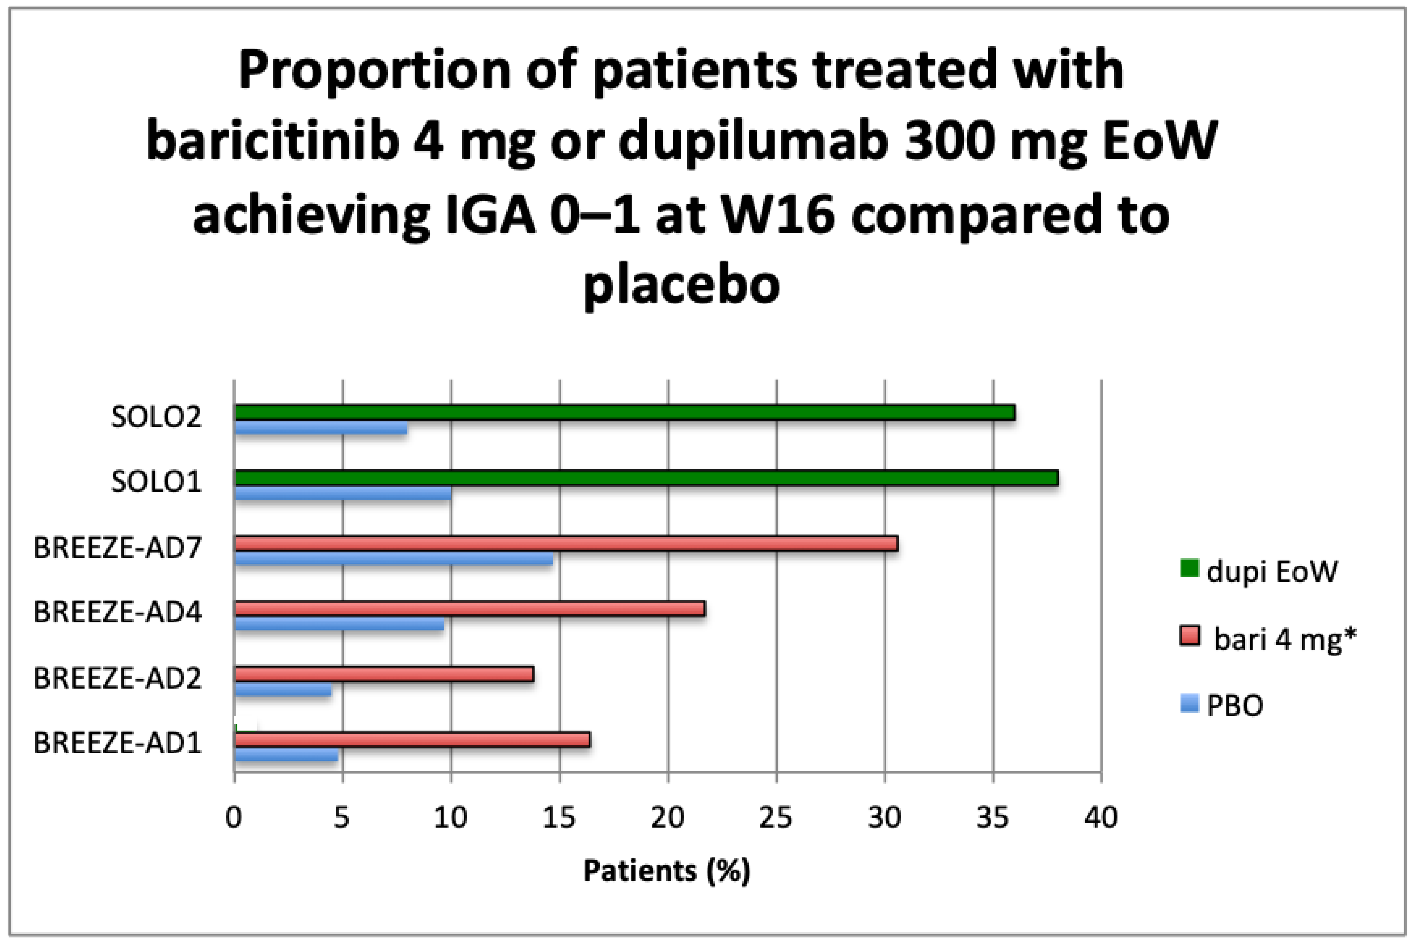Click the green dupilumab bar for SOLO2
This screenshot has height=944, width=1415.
(x=624, y=413)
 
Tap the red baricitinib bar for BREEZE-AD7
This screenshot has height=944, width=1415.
(x=566, y=544)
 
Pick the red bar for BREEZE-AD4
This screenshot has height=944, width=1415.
(x=470, y=609)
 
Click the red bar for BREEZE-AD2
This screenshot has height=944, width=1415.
(x=384, y=674)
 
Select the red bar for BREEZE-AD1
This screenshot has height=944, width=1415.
(x=412, y=740)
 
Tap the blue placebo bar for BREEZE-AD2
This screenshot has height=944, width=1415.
(x=283, y=690)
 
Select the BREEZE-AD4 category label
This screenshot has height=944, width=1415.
(x=117, y=612)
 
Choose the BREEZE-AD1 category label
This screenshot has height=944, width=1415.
(x=117, y=743)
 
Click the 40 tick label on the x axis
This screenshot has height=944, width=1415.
(x=1101, y=818)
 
